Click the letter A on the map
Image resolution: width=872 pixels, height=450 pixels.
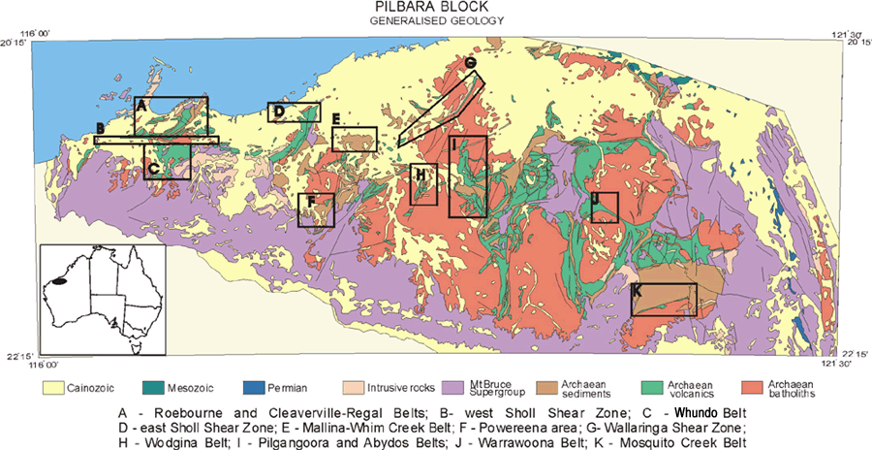coord(141,104)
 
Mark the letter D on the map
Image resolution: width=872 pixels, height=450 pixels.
coord(278,112)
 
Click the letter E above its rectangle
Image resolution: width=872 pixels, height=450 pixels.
coord(335,119)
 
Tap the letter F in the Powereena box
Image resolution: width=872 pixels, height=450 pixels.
coord(310,203)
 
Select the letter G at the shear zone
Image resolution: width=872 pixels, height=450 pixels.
coord(470,63)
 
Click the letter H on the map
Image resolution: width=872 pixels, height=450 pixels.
coord(420,175)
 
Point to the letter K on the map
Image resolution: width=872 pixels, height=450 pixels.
coord(637,291)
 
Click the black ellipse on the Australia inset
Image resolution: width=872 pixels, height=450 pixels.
coord(63,281)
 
